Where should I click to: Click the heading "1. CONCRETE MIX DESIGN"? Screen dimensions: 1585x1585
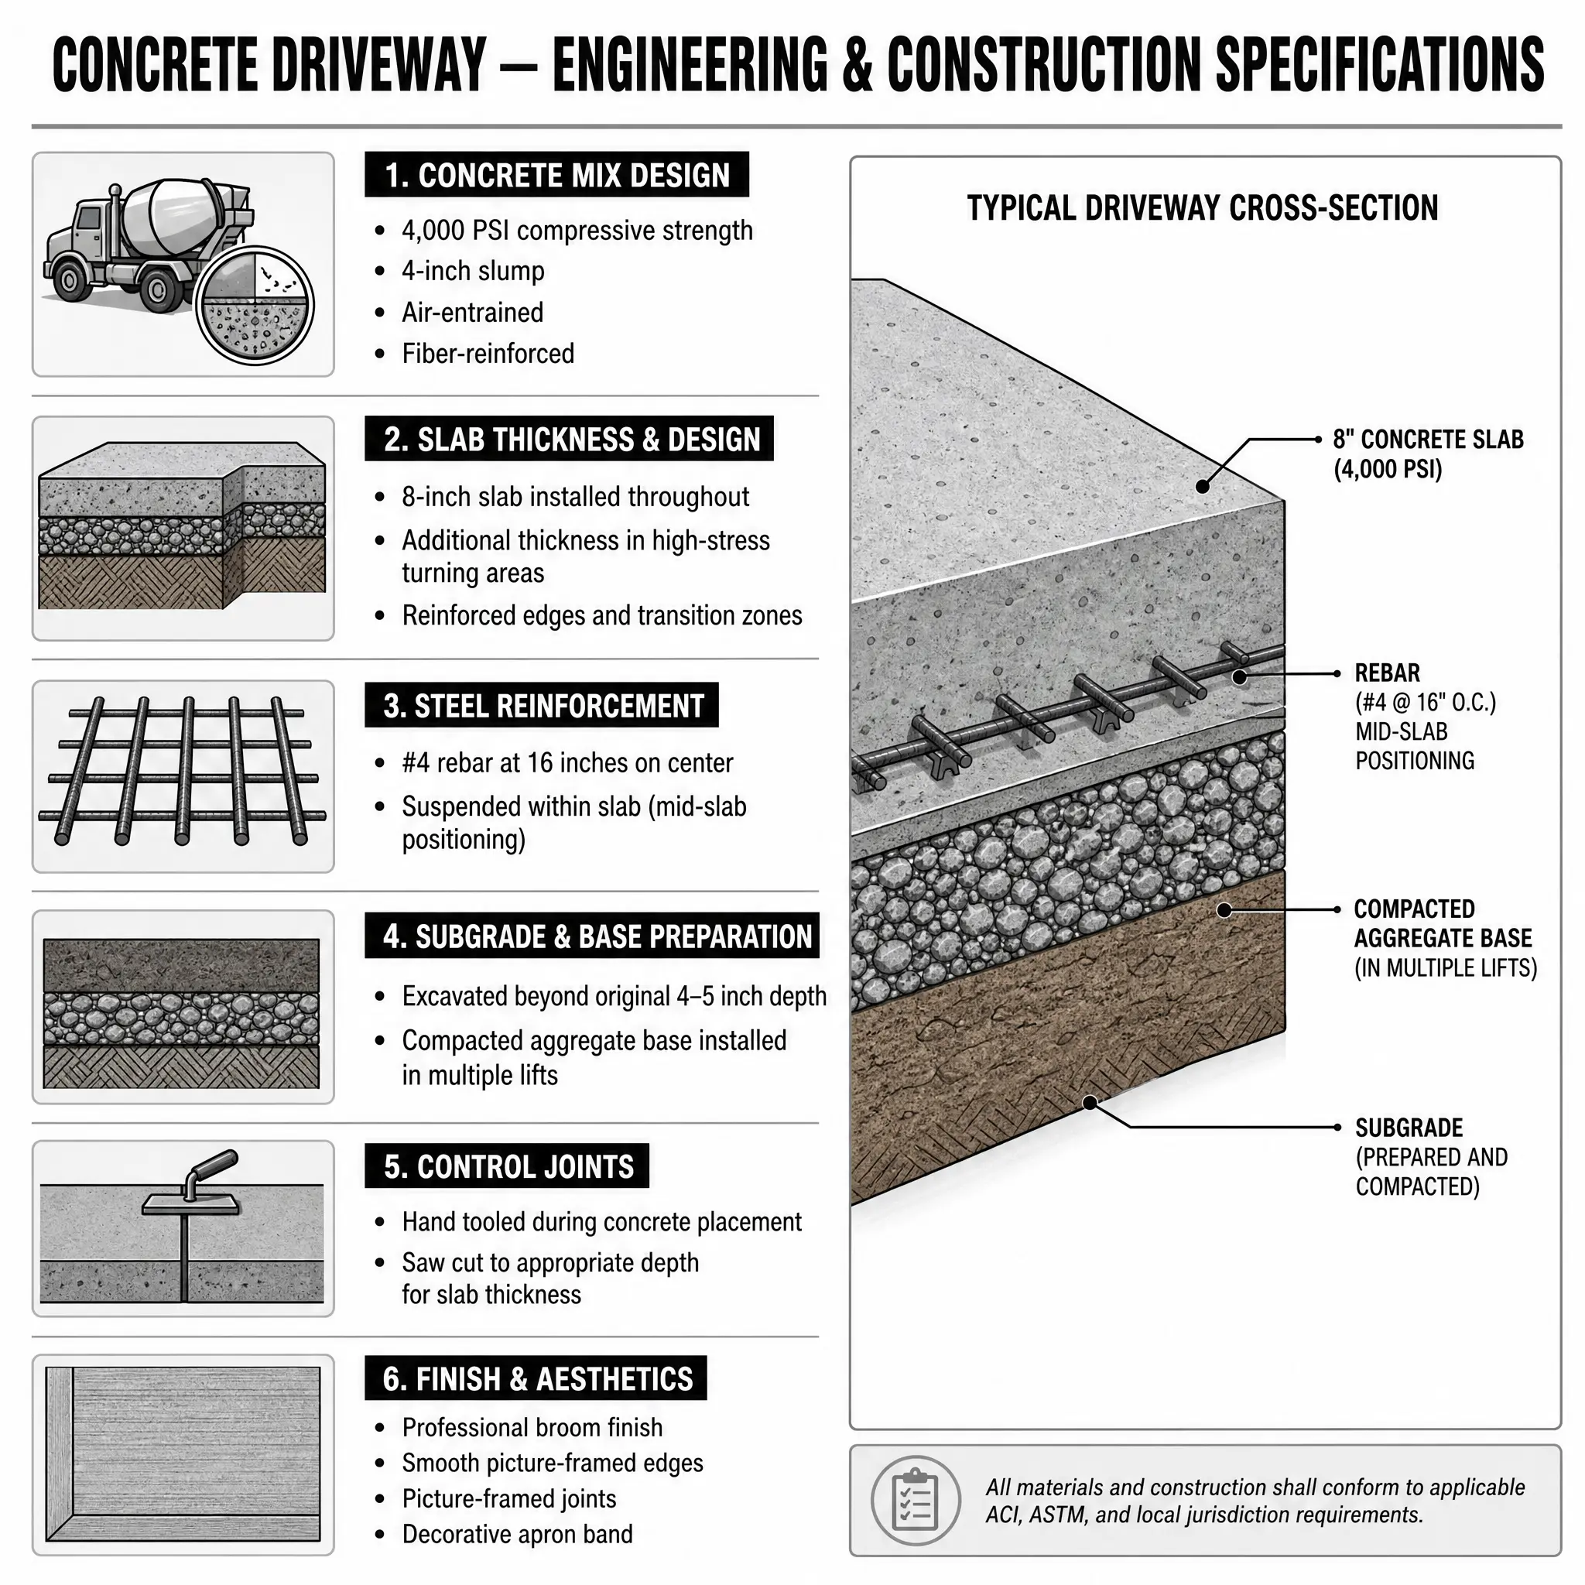tap(557, 175)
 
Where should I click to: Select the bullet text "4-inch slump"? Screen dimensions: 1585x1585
tap(473, 271)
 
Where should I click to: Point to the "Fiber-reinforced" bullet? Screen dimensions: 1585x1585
tap(488, 354)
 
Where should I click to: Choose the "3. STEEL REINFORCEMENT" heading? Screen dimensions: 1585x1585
tap(543, 706)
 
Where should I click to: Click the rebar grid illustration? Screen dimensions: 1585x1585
tap(182, 771)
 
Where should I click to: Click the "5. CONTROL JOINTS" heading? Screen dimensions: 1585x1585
tap(508, 1166)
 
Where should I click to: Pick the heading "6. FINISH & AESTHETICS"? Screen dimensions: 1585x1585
tap(537, 1378)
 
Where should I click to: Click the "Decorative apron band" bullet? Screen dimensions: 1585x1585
tap(517, 1533)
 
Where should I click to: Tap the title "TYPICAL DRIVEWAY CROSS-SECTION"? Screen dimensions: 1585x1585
tap(1203, 207)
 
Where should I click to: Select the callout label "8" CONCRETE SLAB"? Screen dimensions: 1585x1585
tap(1429, 439)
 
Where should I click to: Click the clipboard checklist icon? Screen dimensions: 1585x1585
tap(915, 1501)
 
